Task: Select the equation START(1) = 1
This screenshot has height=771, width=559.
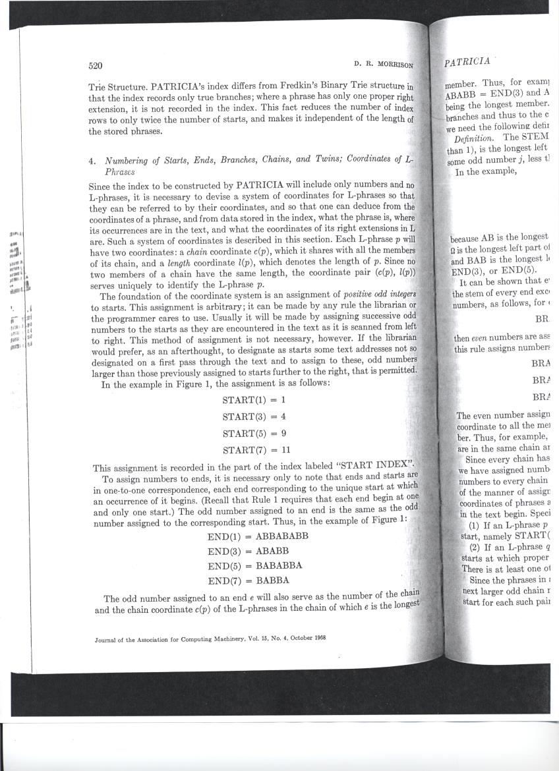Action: [x=254, y=400]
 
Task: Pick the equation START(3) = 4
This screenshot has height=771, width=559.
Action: [x=254, y=416]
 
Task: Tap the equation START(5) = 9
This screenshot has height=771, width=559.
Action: [x=254, y=434]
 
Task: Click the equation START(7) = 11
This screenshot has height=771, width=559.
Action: [x=256, y=451]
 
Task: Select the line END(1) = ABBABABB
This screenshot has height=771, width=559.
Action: [x=258, y=536]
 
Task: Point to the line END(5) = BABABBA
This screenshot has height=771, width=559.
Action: [x=254, y=565]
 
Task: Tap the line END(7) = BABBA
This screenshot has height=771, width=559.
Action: [x=249, y=581]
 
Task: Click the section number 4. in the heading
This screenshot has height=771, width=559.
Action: [x=92, y=159]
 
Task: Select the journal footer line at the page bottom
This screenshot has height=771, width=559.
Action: [x=211, y=638]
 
